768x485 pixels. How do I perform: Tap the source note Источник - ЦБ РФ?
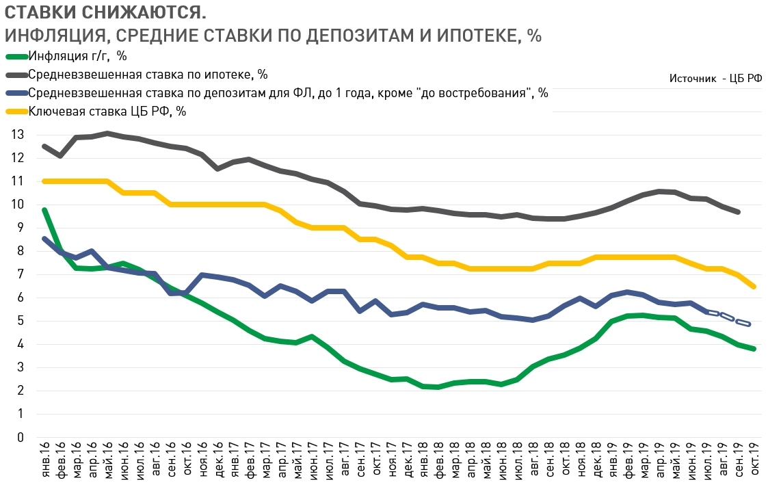point(715,79)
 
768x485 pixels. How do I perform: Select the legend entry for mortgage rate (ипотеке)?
point(148,74)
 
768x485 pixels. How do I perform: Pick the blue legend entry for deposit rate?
point(288,92)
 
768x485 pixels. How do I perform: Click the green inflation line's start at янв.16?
point(44,210)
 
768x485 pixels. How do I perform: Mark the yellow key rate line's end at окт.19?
point(754,287)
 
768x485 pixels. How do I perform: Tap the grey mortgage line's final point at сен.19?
point(738,212)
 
